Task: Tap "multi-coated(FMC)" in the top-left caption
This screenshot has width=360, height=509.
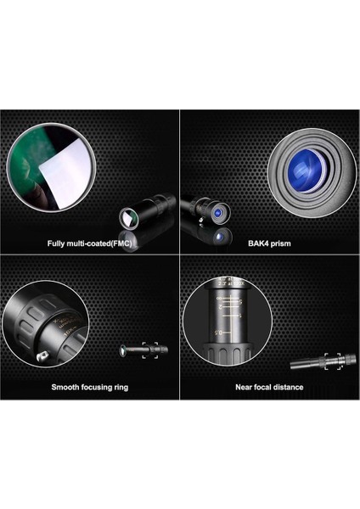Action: (x=99, y=243)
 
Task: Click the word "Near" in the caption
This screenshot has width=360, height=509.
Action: (x=244, y=387)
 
